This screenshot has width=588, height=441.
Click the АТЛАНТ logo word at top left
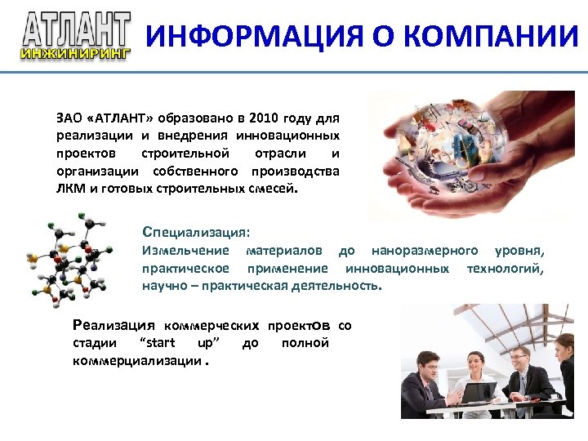point(76,29)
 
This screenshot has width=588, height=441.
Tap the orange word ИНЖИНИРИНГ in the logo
point(76,54)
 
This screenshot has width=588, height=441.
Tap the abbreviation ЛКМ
point(71,189)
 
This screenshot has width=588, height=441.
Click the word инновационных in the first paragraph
point(288,135)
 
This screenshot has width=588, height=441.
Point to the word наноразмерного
point(425,250)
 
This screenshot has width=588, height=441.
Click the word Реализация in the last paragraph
point(114,325)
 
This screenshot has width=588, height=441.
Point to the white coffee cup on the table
point(555,396)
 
